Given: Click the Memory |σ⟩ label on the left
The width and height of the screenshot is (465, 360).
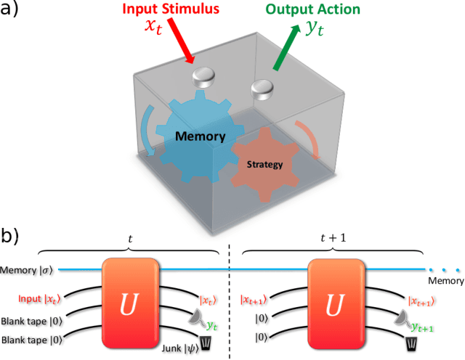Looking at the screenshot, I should (28, 270).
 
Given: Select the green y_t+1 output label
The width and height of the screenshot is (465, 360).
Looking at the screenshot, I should (423, 327).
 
